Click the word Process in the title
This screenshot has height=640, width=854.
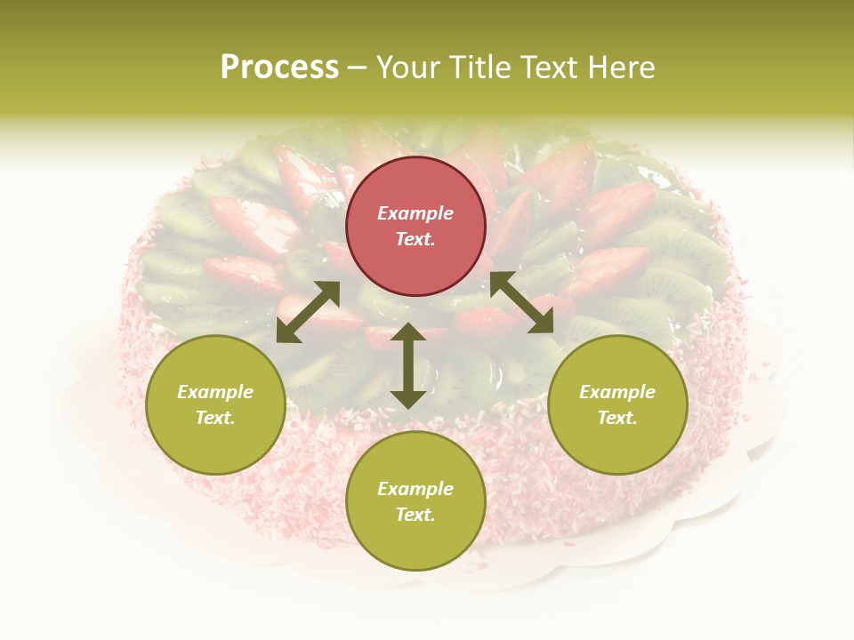coord(279,68)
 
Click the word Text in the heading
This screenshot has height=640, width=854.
coord(549,68)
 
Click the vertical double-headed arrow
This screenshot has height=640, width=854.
coord(408,365)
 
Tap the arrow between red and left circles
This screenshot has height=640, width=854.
coord(308,312)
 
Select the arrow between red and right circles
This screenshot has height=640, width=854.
coord(522,303)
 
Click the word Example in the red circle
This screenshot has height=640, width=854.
coord(415,213)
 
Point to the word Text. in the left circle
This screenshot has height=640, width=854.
coord(215,418)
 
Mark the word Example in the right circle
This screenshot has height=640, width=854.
coord(617,392)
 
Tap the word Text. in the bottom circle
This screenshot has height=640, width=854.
coord(415,515)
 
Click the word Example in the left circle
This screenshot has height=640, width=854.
coord(215,392)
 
